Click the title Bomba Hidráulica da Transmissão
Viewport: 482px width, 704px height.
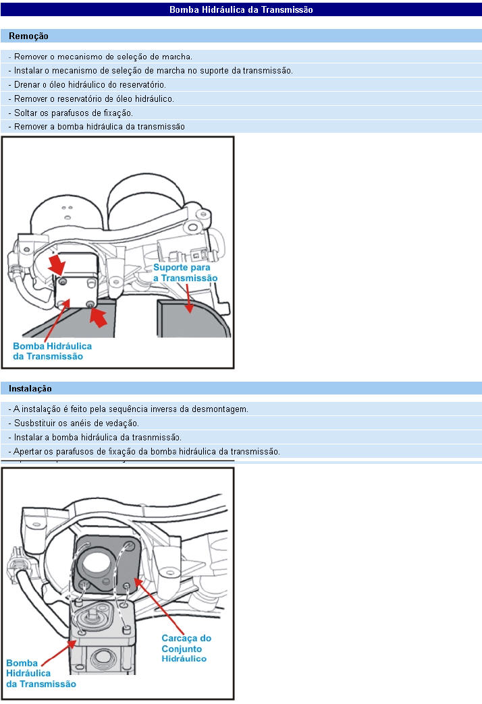coord(241,9)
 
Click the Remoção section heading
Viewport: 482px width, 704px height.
coord(28,36)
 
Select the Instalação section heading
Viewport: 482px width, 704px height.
coord(30,389)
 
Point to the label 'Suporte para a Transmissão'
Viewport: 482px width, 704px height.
coord(185,272)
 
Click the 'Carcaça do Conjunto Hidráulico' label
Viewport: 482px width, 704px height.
coord(186,648)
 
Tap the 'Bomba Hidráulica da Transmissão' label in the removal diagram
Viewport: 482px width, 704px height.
coord(52,351)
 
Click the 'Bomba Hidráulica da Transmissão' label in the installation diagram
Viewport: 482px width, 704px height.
coord(41,674)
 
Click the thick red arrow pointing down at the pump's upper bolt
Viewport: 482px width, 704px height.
coord(57,264)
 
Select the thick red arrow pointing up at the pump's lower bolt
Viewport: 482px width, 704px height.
coord(99,316)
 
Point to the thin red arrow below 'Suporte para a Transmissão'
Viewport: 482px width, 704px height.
coord(189,298)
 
